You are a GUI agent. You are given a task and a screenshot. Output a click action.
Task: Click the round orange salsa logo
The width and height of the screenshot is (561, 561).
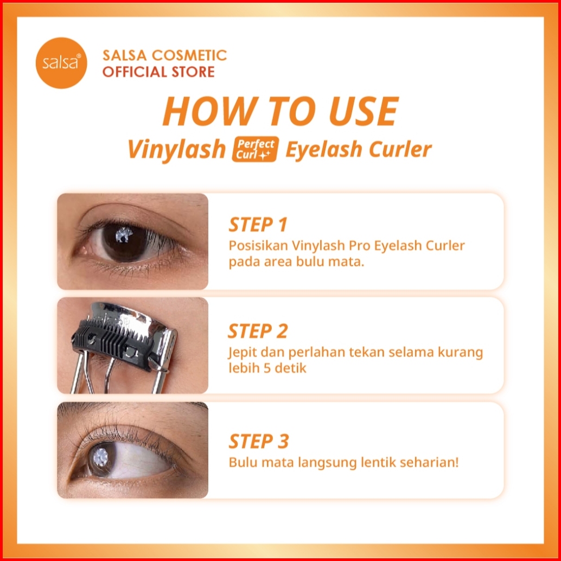point(61,63)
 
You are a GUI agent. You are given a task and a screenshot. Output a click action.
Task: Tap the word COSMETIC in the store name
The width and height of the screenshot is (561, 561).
point(189,55)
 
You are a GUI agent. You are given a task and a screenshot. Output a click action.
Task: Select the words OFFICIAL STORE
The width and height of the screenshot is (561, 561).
point(158,72)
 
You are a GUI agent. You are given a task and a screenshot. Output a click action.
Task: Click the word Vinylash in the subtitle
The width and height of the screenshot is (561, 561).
point(177,149)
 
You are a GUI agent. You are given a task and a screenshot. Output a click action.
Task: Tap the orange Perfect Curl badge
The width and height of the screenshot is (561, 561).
point(255,149)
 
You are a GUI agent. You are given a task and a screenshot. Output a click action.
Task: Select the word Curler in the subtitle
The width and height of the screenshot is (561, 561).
point(400,149)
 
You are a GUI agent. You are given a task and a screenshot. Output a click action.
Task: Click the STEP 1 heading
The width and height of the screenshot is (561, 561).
point(258,225)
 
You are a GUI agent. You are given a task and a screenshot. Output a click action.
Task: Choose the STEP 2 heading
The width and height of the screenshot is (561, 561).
point(258,331)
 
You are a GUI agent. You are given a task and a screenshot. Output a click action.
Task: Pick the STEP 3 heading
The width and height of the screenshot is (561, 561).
point(258,441)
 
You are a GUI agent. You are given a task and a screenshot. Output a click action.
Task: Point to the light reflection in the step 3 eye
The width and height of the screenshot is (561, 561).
point(101,456)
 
